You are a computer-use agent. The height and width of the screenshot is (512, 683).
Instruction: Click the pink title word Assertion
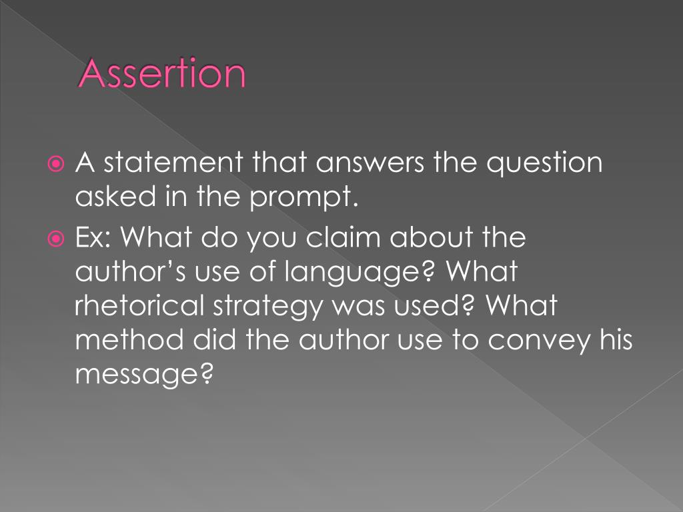coord(162,75)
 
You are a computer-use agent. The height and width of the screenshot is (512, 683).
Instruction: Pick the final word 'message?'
coord(143,375)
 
